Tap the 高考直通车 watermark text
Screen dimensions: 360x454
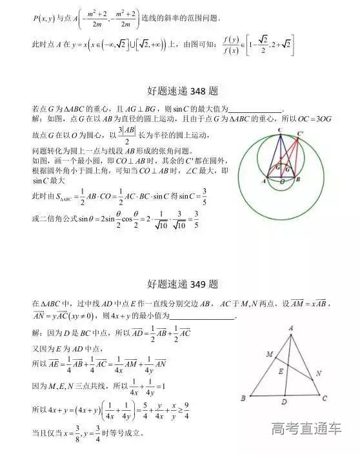point(306,428)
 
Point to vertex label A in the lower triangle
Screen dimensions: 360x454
point(290,328)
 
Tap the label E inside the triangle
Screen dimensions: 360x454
point(280,372)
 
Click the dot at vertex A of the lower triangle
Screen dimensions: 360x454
point(290,335)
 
